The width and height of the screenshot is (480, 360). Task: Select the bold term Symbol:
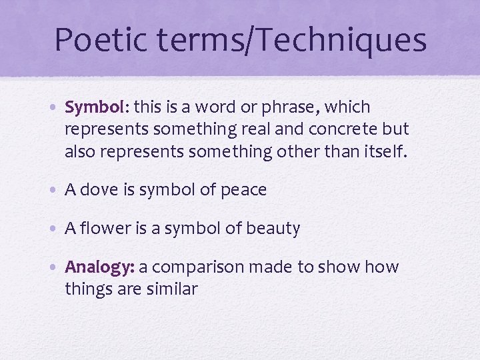[x=97, y=107]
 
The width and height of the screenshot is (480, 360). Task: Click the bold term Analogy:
[x=99, y=267]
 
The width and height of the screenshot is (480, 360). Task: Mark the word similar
[x=175, y=290]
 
